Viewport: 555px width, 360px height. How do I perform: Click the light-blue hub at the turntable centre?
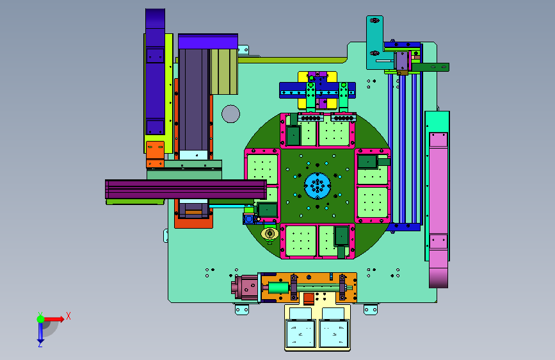tap(318, 186)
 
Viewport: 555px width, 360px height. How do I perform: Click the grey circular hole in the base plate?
tap(231, 114)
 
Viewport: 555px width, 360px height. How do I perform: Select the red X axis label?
tap(68, 316)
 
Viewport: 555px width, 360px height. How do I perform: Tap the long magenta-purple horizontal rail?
tap(186, 189)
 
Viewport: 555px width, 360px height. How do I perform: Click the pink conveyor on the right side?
tap(438, 209)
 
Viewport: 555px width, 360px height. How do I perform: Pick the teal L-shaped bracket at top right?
tap(374, 46)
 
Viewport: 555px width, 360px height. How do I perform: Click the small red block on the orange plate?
tap(309, 299)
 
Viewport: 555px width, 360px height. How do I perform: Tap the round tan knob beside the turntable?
tap(269, 234)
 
